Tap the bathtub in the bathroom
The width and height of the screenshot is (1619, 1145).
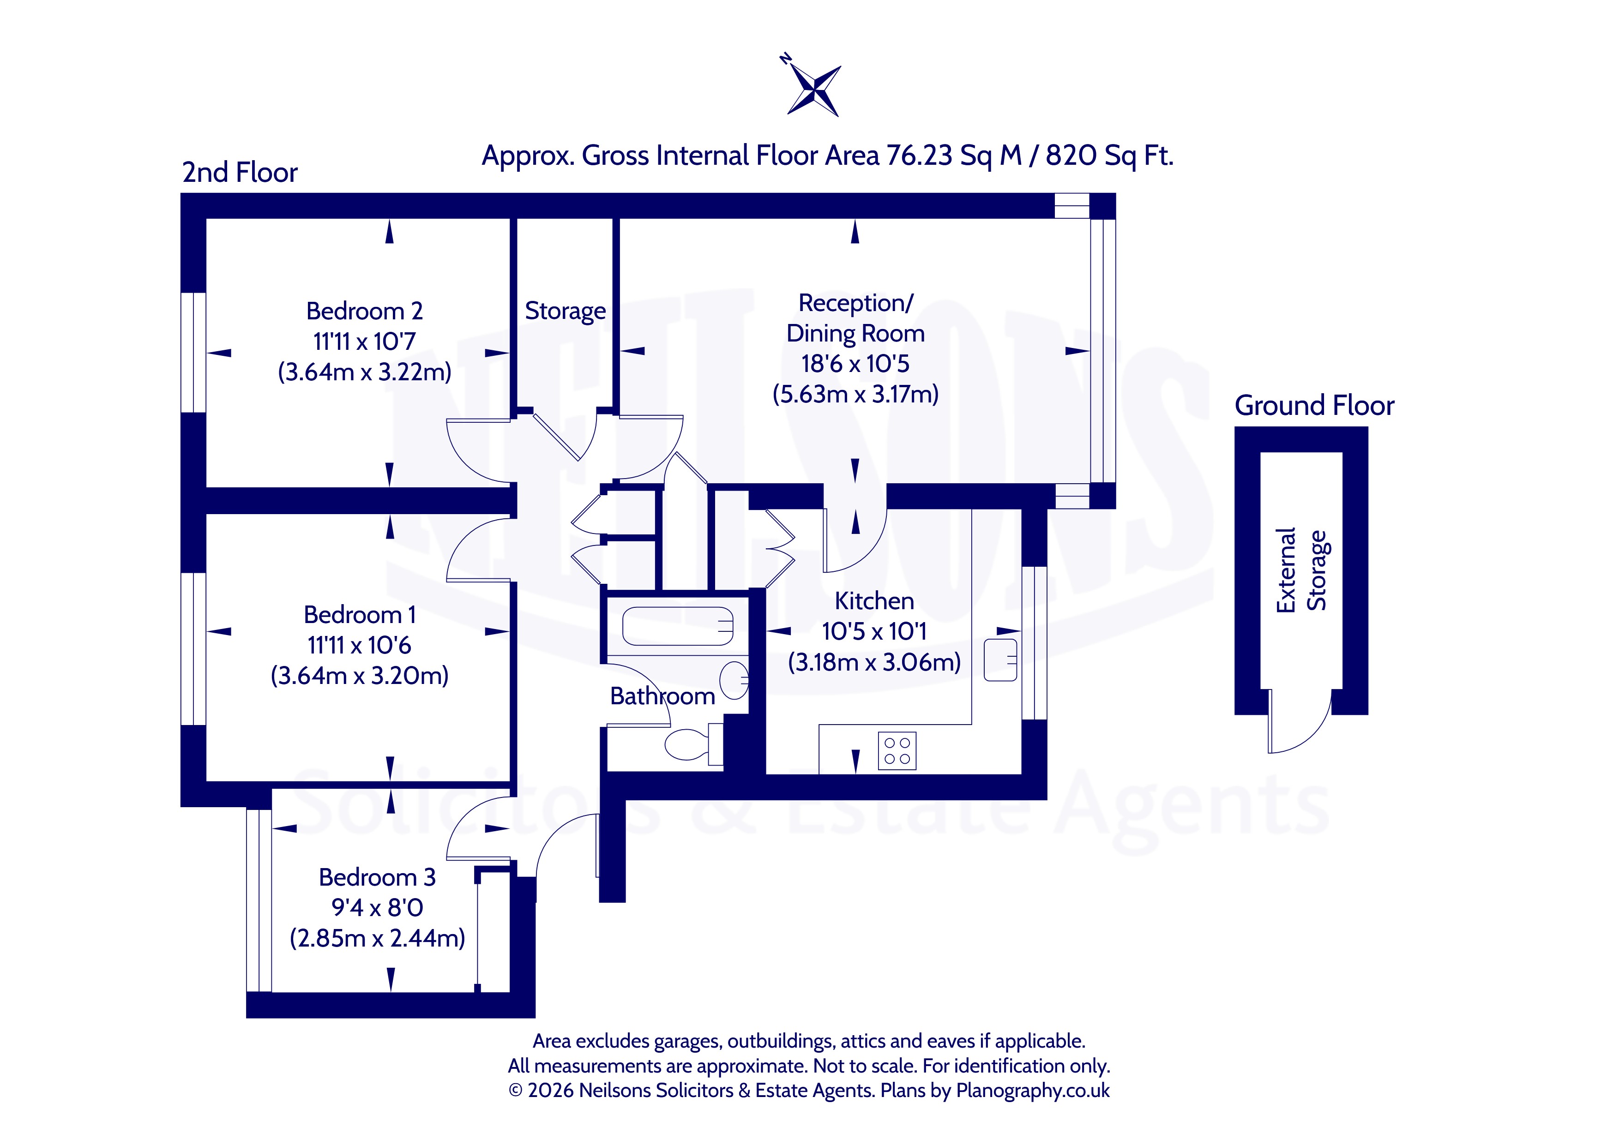678,626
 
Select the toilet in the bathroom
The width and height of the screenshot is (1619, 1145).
695,744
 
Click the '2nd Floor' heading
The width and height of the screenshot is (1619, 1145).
240,172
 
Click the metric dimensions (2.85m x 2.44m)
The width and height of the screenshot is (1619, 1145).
377,938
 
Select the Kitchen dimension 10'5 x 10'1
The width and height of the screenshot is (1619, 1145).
873,631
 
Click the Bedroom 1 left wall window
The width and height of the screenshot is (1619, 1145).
193,648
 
